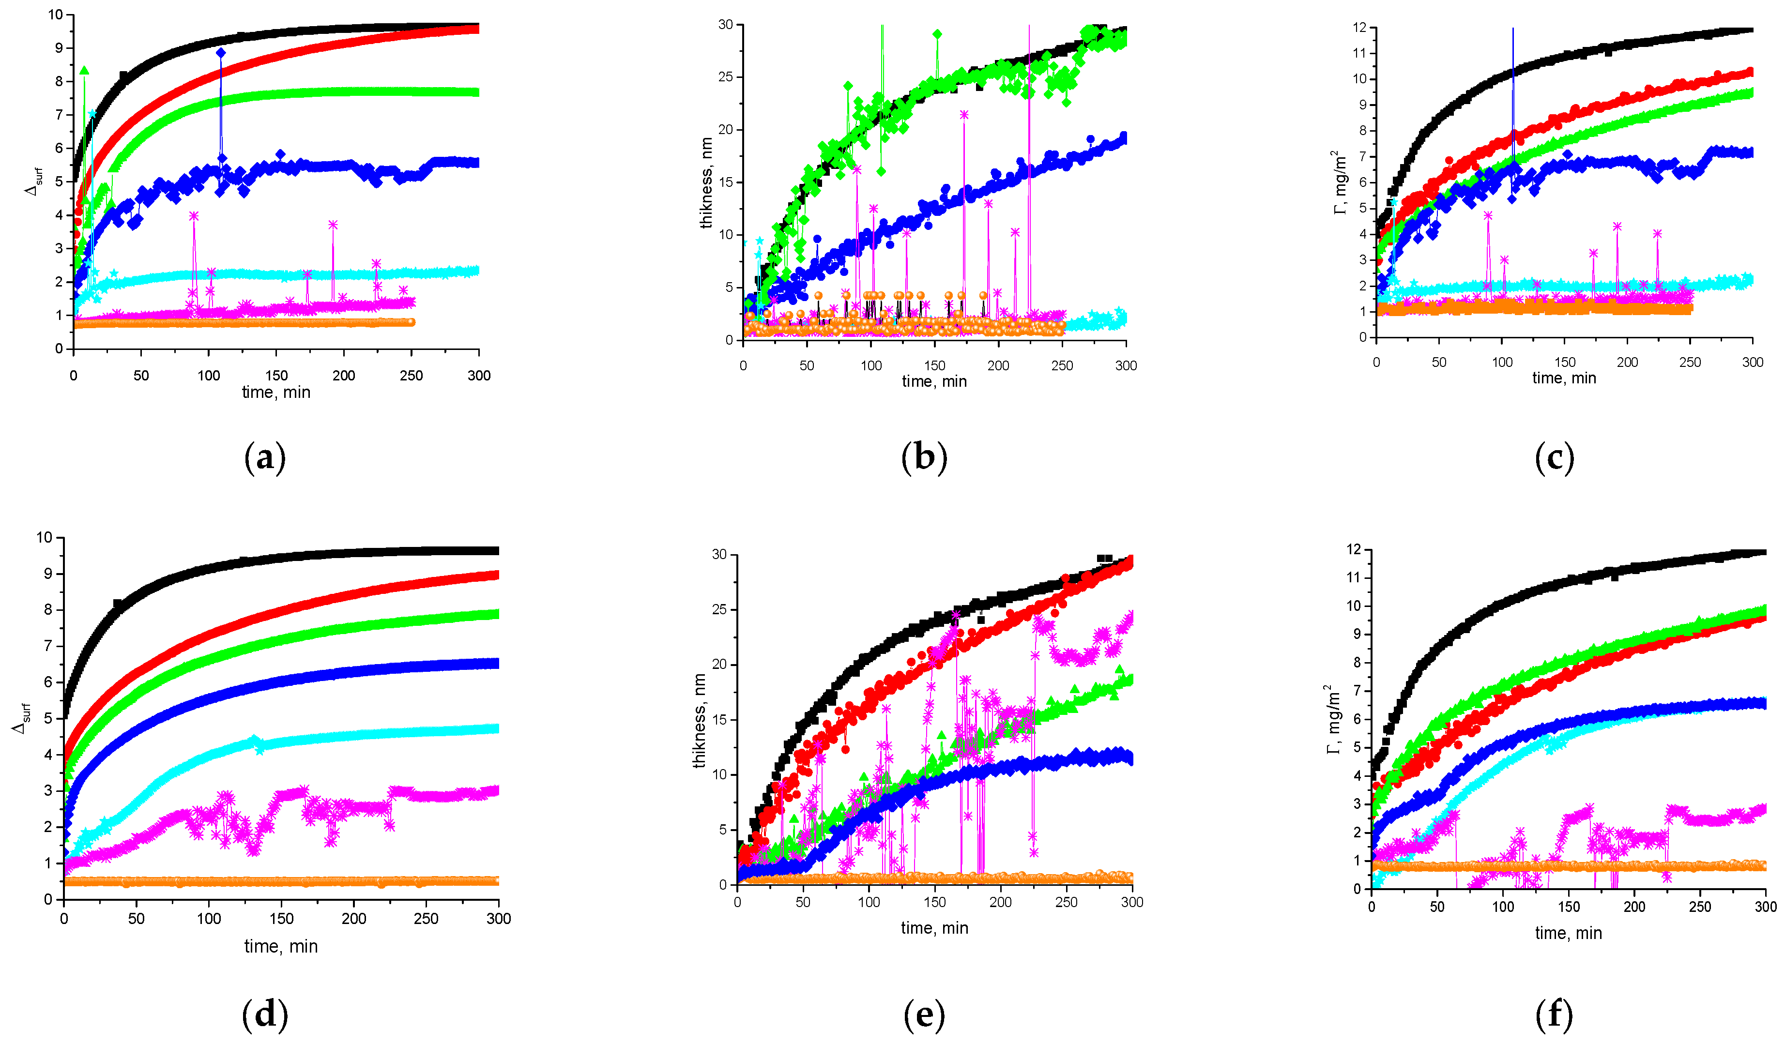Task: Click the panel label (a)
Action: (265, 458)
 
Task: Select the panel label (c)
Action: (1554, 458)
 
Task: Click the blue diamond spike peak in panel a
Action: (221, 52)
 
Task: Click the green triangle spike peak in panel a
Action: (84, 70)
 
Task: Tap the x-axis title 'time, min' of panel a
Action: (276, 392)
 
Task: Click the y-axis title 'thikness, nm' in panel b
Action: (706, 182)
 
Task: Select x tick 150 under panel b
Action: (934, 365)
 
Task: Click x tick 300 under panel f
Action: (1765, 907)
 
